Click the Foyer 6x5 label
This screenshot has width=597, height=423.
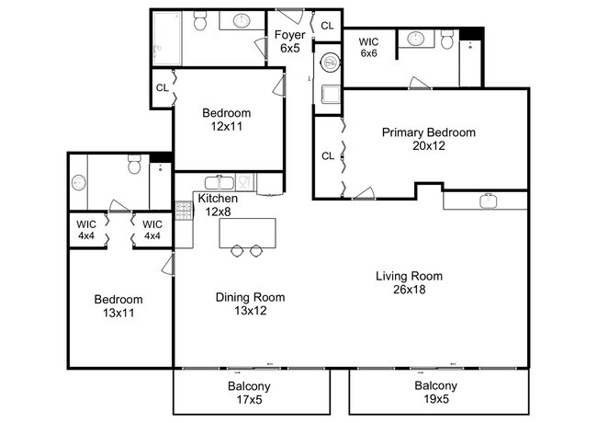(x=289, y=41)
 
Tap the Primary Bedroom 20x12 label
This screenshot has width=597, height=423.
(x=429, y=139)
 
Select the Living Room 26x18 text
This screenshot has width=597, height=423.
(x=410, y=282)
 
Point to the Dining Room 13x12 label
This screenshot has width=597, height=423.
(x=250, y=303)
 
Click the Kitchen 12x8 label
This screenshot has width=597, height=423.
(x=218, y=205)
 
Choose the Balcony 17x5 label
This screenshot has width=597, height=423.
(x=249, y=393)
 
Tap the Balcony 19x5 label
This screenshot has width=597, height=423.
(x=436, y=392)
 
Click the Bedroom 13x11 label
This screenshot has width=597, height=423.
(x=118, y=306)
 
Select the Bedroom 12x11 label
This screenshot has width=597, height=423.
(x=227, y=120)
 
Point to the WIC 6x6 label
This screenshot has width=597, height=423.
(x=368, y=47)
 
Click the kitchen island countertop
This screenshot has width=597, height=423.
(x=247, y=234)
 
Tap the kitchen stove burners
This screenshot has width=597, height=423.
(x=184, y=211)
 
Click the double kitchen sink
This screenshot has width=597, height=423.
(x=220, y=183)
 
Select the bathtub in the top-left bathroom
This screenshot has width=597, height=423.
(x=167, y=38)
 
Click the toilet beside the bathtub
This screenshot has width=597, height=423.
(x=200, y=20)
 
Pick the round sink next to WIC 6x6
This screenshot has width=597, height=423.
(x=416, y=39)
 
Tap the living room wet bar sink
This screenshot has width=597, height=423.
(x=488, y=200)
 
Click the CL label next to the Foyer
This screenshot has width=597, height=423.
(x=327, y=26)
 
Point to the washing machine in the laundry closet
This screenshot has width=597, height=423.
(x=330, y=63)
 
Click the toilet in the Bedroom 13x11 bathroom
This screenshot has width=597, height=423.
(x=134, y=165)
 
